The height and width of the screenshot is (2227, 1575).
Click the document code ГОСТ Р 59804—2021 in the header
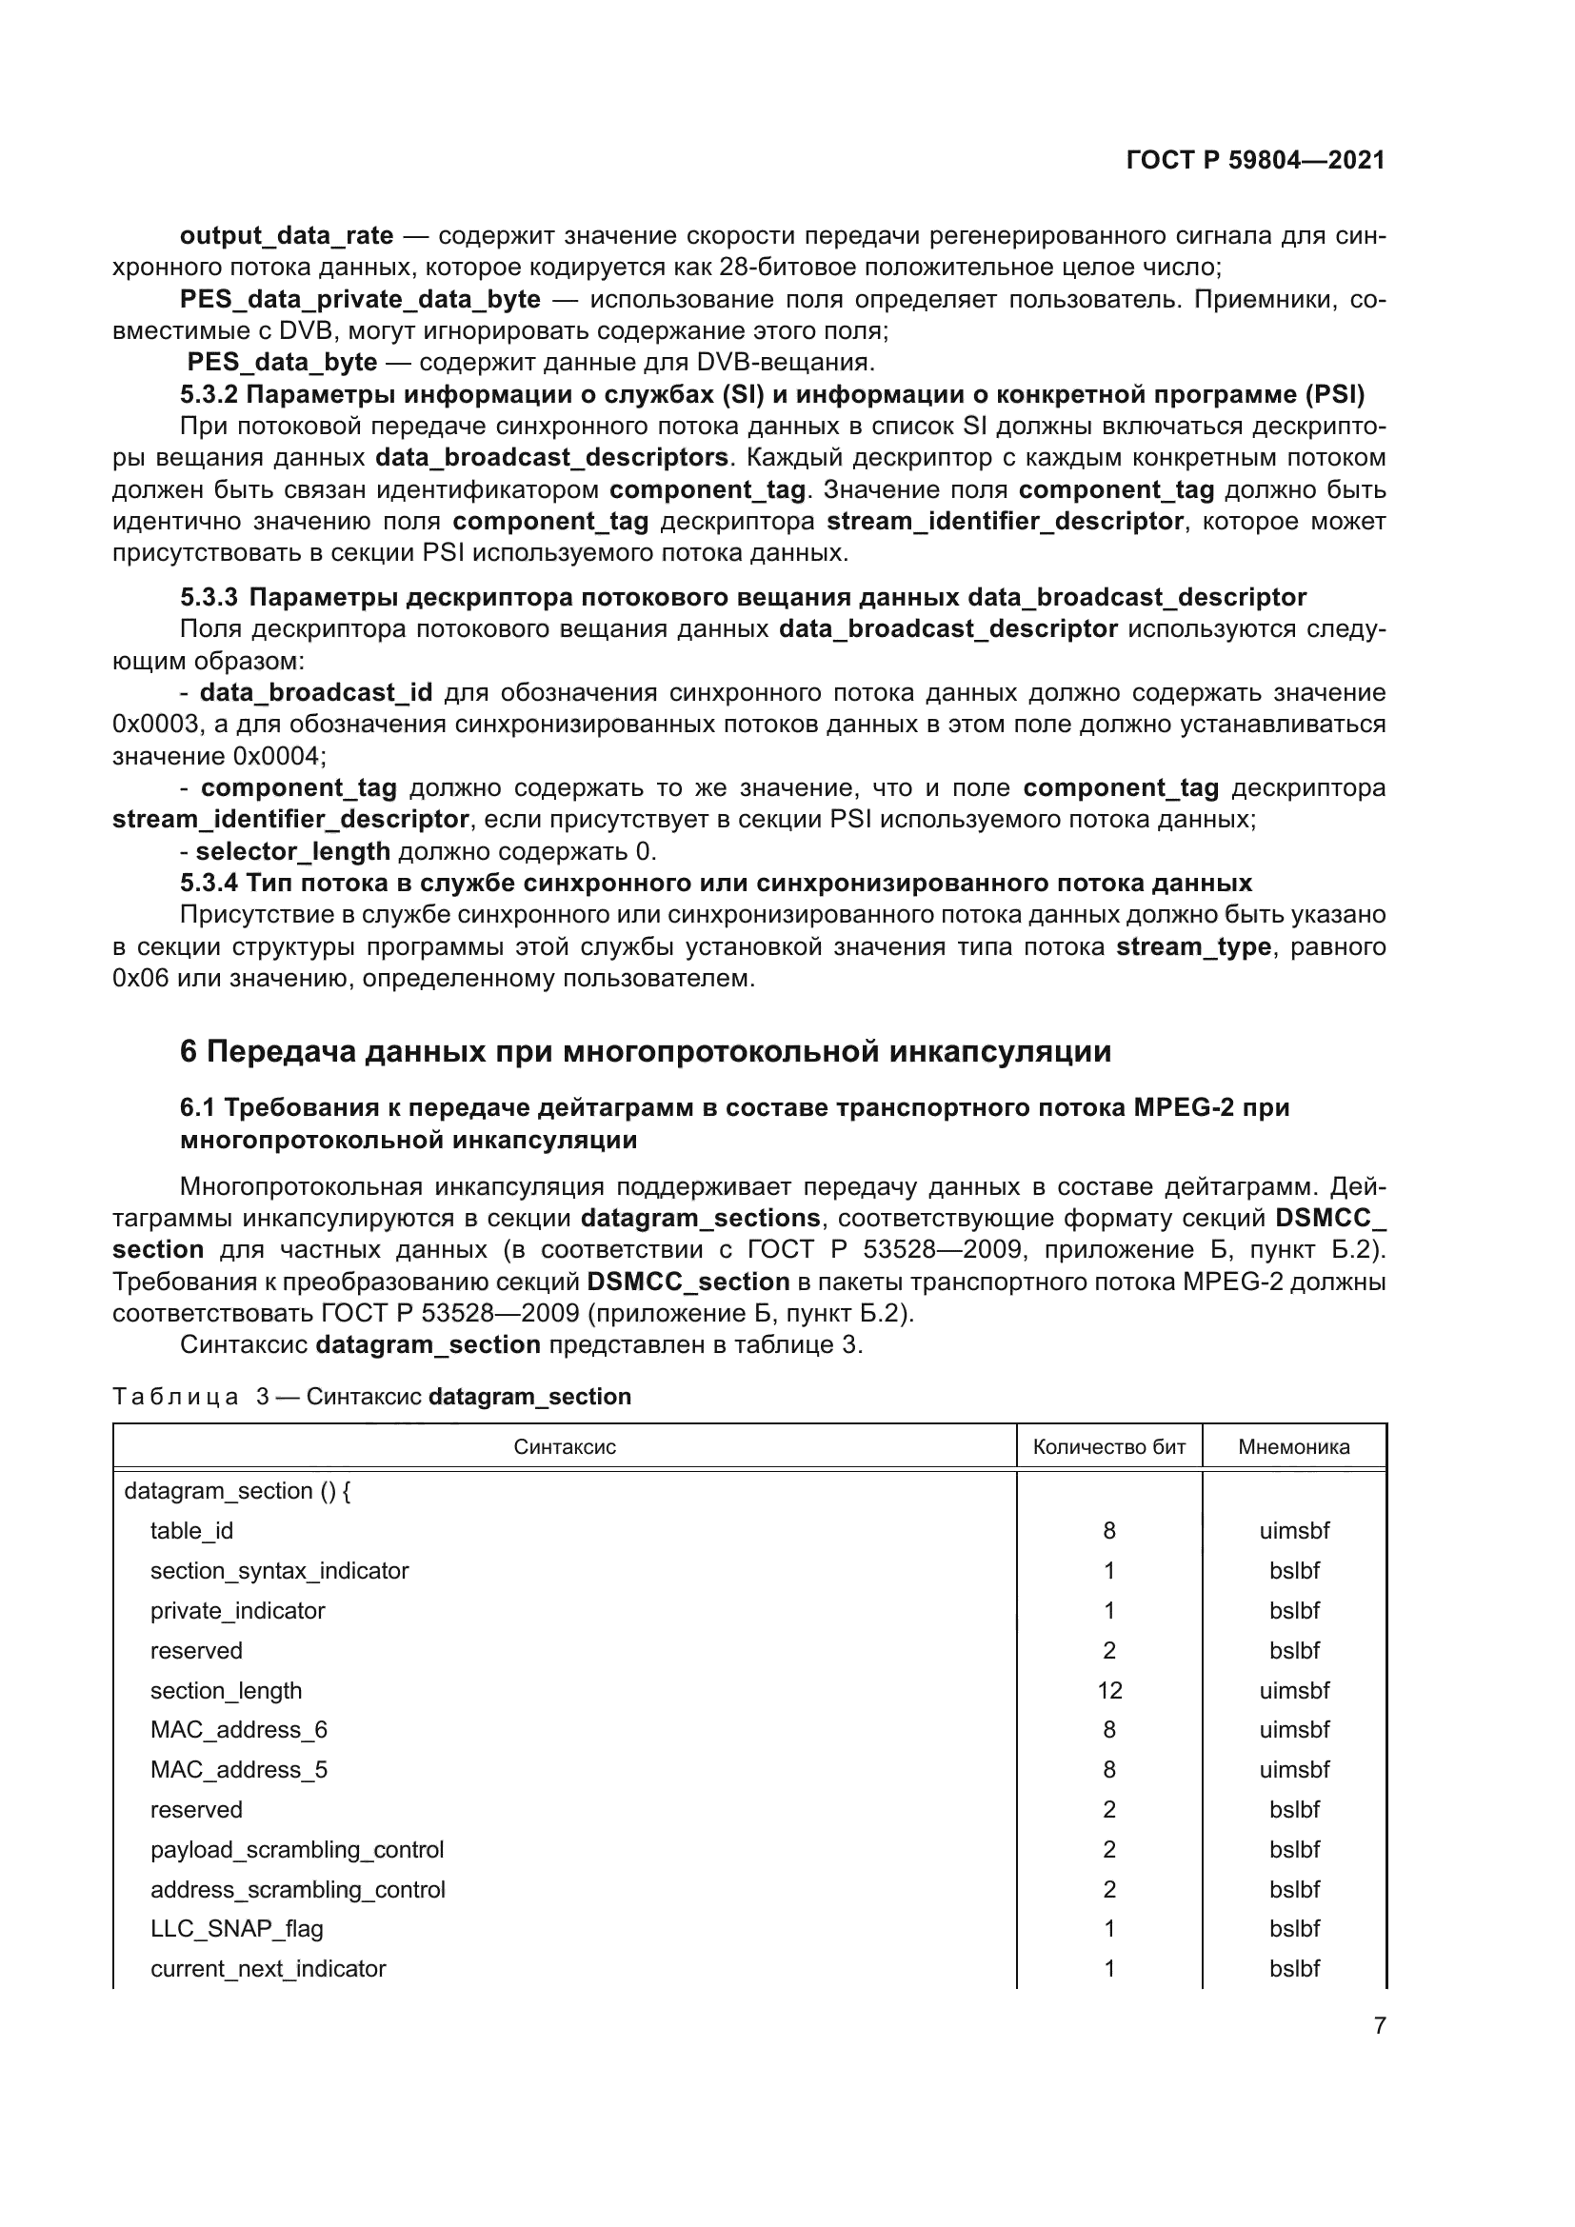point(1255,160)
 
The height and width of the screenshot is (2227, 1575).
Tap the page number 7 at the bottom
point(1379,2025)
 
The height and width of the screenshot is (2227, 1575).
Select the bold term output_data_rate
point(286,236)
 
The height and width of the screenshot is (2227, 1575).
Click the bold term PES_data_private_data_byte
point(360,300)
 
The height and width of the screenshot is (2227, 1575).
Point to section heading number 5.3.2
point(209,395)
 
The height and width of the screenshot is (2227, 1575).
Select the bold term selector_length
point(292,851)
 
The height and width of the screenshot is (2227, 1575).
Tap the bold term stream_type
point(1193,946)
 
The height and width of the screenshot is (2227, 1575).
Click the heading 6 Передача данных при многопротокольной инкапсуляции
point(645,1051)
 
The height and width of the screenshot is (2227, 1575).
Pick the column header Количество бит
point(1108,1447)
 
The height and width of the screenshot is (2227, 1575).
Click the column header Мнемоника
point(1293,1447)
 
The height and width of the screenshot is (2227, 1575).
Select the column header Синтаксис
point(565,1447)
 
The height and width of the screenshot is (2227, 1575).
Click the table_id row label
point(191,1531)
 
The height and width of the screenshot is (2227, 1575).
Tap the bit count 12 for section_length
point(1108,1691)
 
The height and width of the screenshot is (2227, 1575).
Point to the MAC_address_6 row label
point(239,1729)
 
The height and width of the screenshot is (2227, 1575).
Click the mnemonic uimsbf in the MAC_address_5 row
point(1294,1769)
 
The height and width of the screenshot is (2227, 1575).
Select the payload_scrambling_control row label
point(297,1850)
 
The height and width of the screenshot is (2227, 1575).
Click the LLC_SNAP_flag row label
point(237,1929)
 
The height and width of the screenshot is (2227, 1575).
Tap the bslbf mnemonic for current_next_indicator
point(1294,1969)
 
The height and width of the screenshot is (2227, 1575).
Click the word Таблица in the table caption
point(175,1397)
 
